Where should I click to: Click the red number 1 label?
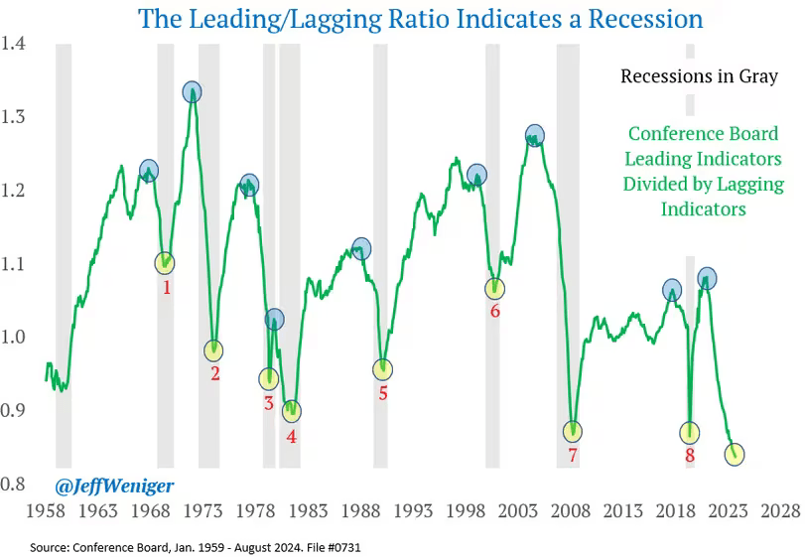(167, 288)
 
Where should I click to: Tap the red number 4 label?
(292, 435)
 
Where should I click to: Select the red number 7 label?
(573, 455)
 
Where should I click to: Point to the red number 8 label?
(690, 456)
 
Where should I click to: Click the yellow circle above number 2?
(213, 349)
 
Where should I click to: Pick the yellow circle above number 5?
(383, 369)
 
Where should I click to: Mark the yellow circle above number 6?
(494, 289)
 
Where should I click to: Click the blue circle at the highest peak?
(192, 92)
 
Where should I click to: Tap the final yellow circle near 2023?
(736, 455)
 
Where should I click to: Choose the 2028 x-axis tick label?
(780, 511)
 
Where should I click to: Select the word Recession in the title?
(645, 19)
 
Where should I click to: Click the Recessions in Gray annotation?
(699, 76)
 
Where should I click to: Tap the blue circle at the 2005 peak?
(535, 134)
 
